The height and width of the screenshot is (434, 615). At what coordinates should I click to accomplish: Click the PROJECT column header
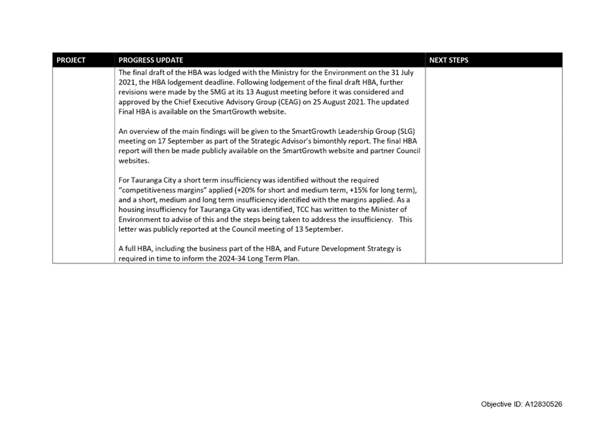71,60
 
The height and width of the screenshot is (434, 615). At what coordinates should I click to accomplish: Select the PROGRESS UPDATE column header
151,60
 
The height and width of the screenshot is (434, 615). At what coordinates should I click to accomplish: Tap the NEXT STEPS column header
448,60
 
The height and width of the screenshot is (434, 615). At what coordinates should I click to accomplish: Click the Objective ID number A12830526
544,404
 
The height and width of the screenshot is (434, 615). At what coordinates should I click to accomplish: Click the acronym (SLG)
405,131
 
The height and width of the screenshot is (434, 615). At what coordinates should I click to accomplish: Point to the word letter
127,229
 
